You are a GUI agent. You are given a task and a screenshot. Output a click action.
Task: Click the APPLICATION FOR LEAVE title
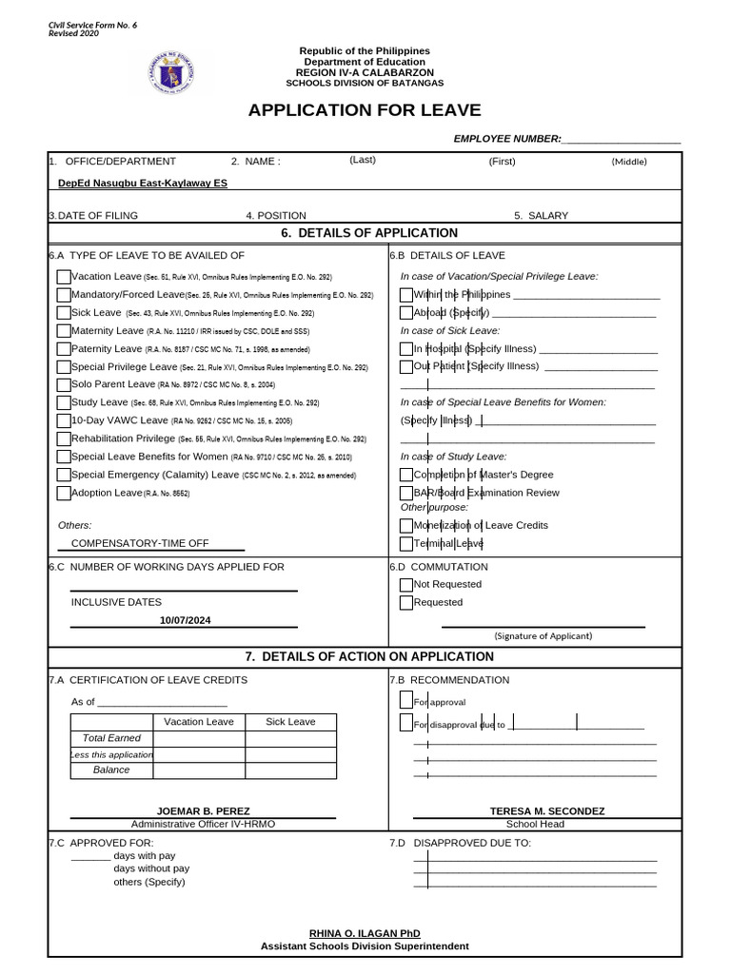[x=365, y=110]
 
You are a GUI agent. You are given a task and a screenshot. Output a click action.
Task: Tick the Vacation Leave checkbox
[x=64, y=277]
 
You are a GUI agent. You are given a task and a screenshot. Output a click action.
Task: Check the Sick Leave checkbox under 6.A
[x=64, y=313]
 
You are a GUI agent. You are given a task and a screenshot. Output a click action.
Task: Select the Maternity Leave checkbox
[x=64, y=331]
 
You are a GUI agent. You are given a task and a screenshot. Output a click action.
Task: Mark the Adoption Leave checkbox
[x=64, y=493]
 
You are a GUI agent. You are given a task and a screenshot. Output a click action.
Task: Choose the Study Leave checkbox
[x=64, y=403]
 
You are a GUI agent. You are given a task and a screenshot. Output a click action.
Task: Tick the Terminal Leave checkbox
[x=406, y=544]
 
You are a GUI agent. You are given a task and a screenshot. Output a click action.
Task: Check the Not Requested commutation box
[x=406, y=585]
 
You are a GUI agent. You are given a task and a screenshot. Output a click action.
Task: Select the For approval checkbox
[x=406, y=701]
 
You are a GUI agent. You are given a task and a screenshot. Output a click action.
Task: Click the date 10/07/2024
[x=186, y=620]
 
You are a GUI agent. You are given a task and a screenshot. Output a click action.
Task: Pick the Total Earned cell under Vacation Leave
[x=199, y=738]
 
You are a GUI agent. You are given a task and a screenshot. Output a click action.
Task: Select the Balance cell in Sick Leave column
[x=290, y=769]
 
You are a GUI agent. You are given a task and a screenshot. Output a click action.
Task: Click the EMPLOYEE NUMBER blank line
[x=622, y=139]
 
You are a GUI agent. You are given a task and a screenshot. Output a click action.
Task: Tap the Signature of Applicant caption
[x=543, y=635]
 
